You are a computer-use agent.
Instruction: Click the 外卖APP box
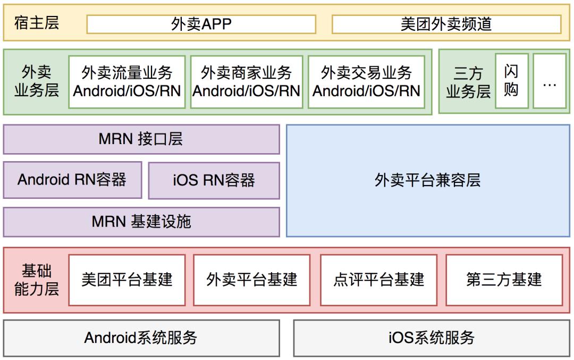click(201, 24)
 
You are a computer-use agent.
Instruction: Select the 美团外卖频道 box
click(446, 24)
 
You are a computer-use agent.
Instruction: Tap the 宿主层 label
click(37, 23)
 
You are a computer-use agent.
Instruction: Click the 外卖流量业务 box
click(127, 81)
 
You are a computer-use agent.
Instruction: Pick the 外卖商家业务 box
click(247, 81)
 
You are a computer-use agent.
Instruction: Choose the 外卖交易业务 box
click(367, 81)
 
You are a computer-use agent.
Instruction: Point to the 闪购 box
click(511, 81)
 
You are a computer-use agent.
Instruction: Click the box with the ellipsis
click(550, 81)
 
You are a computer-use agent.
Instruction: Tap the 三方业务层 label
click(468, 82)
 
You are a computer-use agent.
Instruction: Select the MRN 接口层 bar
click(141, 139)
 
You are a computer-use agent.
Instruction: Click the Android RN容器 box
click(72, 180)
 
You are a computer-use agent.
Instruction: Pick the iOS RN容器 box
click(214, 180)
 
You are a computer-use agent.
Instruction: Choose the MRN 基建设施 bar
click(141, 222)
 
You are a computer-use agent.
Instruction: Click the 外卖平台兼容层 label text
click(428, 180)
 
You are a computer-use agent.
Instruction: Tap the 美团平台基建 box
click(127, 280)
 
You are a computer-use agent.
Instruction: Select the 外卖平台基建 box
click(252, 280)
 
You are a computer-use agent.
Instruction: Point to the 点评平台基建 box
click(379, 280)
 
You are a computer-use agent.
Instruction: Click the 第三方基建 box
click(504, 280)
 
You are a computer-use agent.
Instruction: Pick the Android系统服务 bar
click(141, 338)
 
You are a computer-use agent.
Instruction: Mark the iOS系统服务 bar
click(432, 338)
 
